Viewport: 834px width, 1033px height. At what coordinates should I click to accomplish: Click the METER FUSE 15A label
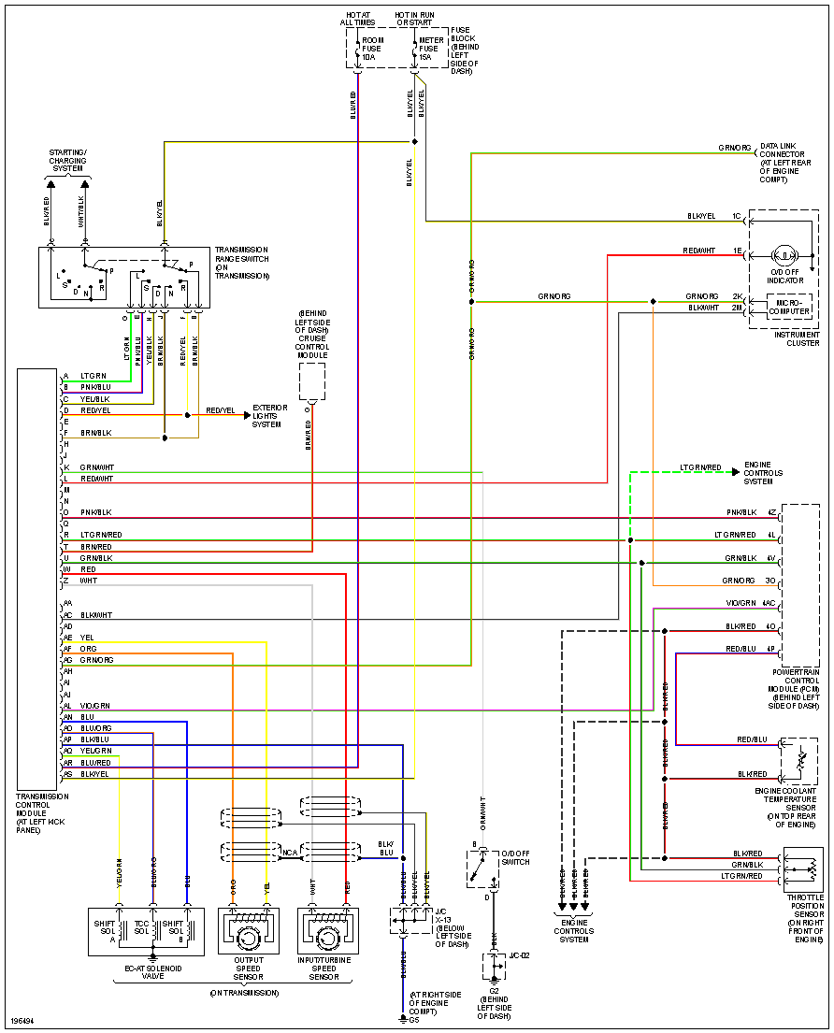431,49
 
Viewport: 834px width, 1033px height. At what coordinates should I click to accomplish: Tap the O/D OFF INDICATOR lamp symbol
784,254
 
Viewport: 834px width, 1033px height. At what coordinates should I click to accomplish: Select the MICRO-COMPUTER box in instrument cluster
789,307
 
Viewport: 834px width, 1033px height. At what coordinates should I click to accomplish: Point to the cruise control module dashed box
312,381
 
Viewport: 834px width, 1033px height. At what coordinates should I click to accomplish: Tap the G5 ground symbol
403,1018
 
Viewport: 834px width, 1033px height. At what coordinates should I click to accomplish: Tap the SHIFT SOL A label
104,932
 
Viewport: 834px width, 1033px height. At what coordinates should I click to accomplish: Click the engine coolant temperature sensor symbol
798,760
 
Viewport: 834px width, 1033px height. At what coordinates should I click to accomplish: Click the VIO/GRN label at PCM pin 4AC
741,603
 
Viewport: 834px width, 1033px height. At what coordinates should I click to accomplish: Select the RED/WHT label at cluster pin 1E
699,251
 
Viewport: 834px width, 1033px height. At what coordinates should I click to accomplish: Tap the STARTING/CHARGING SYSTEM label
68,160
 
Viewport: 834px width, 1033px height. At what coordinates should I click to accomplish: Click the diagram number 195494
22,1023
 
